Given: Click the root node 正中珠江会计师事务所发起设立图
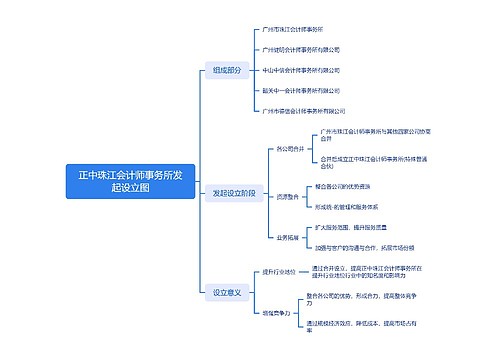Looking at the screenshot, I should click(x=130, y=181).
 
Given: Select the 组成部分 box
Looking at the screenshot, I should click(x=226, y=70).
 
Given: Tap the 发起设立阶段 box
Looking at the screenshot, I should click(x=234, y=192).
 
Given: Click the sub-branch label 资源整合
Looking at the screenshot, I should click(x=288, y=197).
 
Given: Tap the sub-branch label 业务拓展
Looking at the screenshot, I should click(x=288, y=237).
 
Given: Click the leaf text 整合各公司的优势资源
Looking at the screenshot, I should click(x=343, y=186).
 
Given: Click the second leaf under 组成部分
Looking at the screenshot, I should click(x=300, y=50).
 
